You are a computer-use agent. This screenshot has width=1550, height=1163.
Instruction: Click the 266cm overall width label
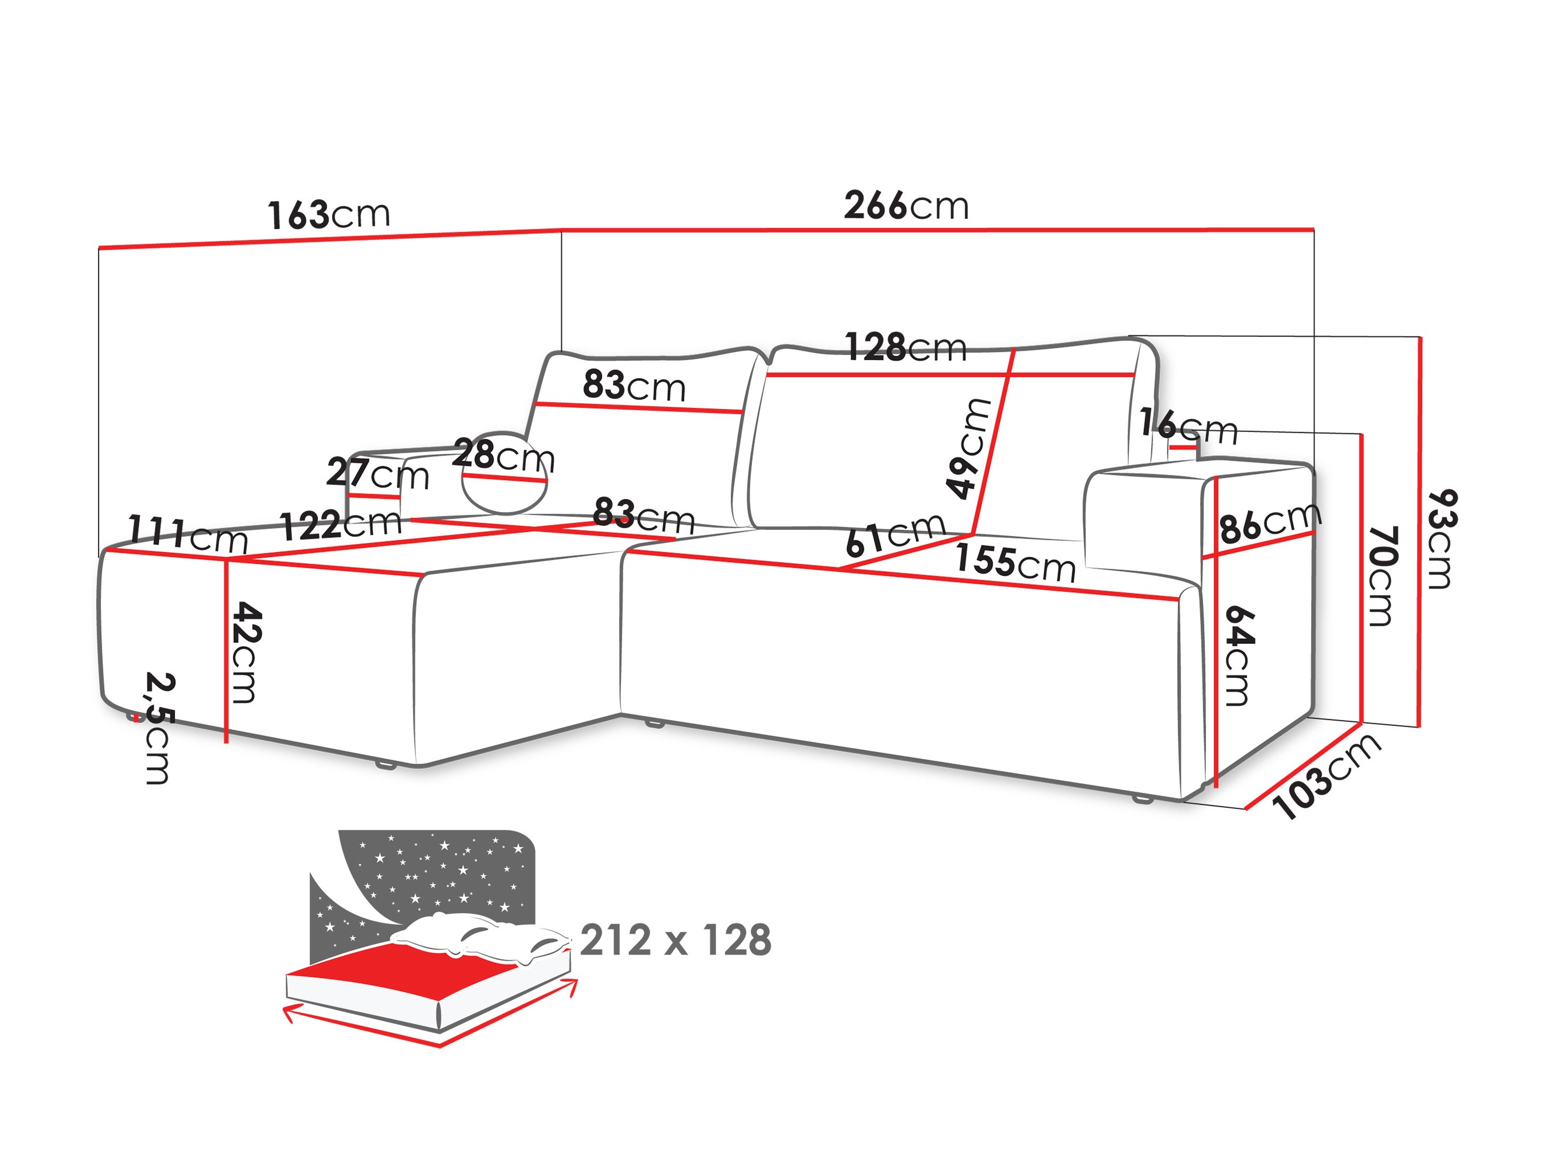pyautogui.click(x=906, y=206)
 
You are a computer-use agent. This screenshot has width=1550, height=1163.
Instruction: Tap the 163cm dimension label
pyautogui.click(x=329, y=214)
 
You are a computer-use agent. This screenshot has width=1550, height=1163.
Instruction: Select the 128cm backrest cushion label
pyautogui.click(x=906, y=347)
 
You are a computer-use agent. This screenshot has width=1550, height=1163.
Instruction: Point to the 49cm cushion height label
pyautogui.click(x=967, y=448)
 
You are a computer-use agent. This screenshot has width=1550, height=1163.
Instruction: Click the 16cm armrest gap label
pyautogui.click(x=1188, y=425)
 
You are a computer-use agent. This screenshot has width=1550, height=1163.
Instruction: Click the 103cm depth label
pyautogui.click(x=1326, y=776)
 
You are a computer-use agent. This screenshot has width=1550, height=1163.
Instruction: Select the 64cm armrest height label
pyautogui.click(x=1238, y=655)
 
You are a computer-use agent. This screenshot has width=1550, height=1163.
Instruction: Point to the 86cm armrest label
pyautogui.click(x=1270, y=523)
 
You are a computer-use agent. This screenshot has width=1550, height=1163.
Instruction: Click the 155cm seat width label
pyautogui.click(x=1014, y=562)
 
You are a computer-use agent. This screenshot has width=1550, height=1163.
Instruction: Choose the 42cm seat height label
pyautogui.click(x=247, y=651)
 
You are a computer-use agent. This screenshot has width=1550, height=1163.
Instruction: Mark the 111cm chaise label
pyautogui.click(x=188, y=534)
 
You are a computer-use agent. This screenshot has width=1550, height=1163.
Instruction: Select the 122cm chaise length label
pyautogui.click(x=341, y=524)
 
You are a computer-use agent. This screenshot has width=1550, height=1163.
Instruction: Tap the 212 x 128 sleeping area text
pyautogui.click(x=675, y=941)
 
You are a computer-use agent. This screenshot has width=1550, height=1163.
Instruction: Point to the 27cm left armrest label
pyautogui.click(x=377, y=474)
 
